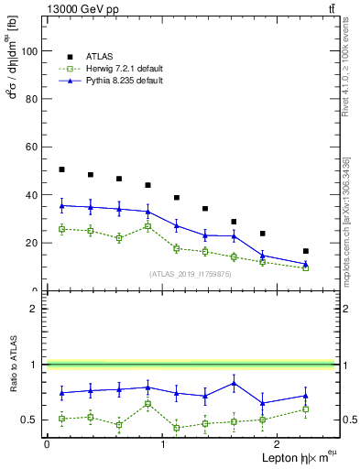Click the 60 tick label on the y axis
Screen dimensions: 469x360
[34, 147]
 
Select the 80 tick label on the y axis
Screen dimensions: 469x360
[34, 99]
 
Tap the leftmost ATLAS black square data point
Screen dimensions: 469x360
[61, 169]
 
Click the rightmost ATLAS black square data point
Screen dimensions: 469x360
[306, 251]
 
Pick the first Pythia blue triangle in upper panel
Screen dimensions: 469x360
[61, 206]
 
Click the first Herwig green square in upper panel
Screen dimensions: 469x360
[61, 229]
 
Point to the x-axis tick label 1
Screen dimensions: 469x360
[163, 444]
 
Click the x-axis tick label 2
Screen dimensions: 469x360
[278, 444]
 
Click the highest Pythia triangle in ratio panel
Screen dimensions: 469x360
[235, 383]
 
